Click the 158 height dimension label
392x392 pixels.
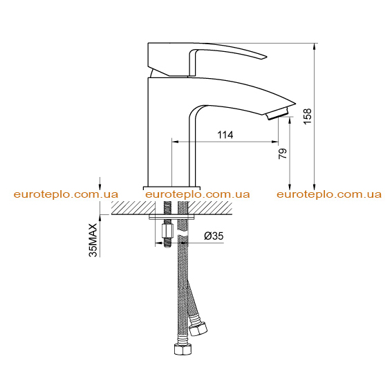pos(308,116)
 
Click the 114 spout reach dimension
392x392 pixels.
pos(225,135)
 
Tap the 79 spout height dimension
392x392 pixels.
pos(283,153)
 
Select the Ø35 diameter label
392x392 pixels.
pos(214,236)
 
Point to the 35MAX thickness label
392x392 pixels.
pos(93,240)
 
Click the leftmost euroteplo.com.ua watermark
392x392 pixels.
pos(66,194)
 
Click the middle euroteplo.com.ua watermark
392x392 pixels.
pos(198,194)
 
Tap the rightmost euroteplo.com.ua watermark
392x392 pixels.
pos(329,194)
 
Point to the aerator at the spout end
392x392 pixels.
pos(278,114)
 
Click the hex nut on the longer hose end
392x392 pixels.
pos(183,348)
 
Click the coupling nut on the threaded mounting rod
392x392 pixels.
pos(167,232)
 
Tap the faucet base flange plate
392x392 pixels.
pos(171,188)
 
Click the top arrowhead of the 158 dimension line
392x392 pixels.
pos(315,46)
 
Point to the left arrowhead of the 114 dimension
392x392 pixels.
pos(175,142)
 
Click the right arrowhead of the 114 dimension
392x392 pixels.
pos(275,142)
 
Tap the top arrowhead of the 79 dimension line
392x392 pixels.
pos(290,120)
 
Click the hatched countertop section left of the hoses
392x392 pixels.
pos(133,207)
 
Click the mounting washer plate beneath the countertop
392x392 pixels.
pos(171,217)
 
